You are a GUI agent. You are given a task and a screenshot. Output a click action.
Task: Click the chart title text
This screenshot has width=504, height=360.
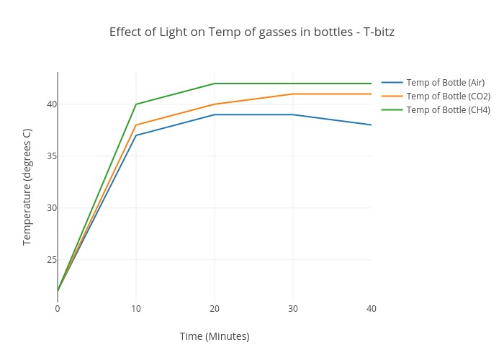pos(252,32)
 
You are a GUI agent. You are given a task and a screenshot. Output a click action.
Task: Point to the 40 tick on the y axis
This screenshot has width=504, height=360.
pos(51,104)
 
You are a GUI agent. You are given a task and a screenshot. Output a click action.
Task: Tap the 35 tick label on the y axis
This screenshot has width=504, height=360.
pos(51,156)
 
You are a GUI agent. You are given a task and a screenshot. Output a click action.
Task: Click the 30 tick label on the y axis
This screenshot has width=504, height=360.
pos(51,208)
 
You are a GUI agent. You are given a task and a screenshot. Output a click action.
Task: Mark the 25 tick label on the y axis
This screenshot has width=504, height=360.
pos(51,260)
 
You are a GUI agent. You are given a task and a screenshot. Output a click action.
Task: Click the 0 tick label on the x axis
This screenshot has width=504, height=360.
pos(58,309)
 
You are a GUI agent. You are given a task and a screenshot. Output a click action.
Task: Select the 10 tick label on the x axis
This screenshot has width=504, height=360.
pos(136,309)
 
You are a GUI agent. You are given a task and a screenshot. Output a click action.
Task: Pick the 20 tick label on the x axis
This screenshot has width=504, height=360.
pos(215,309)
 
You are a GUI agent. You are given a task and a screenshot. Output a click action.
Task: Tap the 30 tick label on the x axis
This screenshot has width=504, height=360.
pos(293,309)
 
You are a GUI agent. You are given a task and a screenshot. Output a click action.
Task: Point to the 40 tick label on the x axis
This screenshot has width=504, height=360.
pos(372,309)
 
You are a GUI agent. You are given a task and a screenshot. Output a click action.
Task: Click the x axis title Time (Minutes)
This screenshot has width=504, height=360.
pos(215,336)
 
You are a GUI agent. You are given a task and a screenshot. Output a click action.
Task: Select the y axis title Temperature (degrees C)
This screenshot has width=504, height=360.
pos(27,187)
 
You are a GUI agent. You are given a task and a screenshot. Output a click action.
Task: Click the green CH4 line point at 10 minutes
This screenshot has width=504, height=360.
pos(136,104)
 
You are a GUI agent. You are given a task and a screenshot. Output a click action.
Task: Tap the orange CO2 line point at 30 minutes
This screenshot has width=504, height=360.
pos(293,94)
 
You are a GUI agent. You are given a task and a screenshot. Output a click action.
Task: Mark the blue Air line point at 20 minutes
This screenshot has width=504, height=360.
pos(215,114)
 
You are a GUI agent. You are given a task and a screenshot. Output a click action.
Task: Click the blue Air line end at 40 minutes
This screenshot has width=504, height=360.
pos(371,125)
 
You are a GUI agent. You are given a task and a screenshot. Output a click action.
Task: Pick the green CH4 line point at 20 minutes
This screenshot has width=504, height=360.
pos(215,84)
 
